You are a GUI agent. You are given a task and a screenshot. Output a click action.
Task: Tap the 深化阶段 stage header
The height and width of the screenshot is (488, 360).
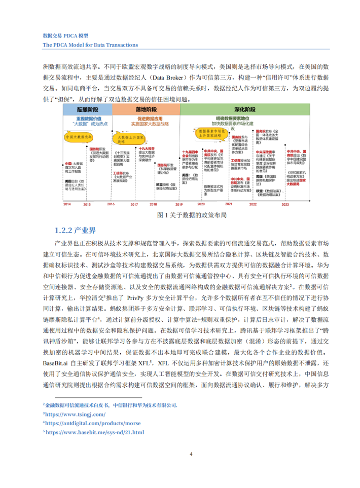point(238,109)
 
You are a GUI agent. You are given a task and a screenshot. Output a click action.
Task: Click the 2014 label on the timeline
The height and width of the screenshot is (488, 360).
point(67,204)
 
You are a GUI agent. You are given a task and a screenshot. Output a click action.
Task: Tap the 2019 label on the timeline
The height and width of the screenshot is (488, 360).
point(179,204)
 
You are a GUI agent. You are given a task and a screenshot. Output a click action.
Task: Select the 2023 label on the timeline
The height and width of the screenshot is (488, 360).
point(285,204)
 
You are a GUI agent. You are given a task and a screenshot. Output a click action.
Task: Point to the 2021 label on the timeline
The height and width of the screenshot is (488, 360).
point(229,204)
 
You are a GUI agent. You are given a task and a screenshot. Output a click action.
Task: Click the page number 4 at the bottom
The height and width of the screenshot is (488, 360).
point(191,454)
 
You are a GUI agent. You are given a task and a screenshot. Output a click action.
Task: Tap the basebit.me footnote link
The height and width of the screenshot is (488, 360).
point(95,432)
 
